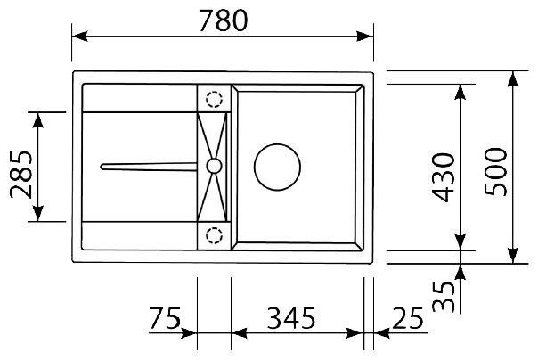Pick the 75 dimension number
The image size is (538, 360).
pos(163,317)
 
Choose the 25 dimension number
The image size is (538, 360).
pos(407,317)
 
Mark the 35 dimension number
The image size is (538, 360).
pos(442,294)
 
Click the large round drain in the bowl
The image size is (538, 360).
pos(275,166)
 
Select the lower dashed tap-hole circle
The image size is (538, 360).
pos(214,235)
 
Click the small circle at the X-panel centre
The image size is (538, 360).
pos(214,165)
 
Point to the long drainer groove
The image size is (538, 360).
pos(147,165)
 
